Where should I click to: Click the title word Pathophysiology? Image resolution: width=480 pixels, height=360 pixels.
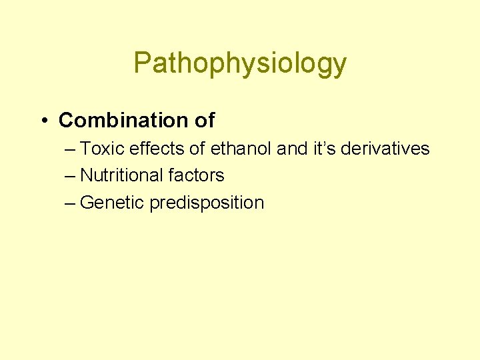pos(240,63)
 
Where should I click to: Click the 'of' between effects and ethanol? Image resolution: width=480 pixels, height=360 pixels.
pos(197,149)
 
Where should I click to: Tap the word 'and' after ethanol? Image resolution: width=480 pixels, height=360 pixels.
pos(292,149)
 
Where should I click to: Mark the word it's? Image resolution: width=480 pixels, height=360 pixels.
pos(324,149)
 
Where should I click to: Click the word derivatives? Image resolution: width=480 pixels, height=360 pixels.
pos(385,149)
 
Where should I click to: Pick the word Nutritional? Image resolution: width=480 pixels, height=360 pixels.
pos(122,175)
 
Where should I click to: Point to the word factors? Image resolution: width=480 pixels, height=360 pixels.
pos(197,175)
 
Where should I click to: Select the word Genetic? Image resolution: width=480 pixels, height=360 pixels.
pos(112,203)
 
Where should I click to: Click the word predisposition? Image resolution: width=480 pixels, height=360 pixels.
pos(207,203)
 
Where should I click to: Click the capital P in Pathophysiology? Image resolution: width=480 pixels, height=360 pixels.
pos(142,63)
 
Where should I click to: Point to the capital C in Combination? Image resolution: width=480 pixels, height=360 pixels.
pos(65,120)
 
